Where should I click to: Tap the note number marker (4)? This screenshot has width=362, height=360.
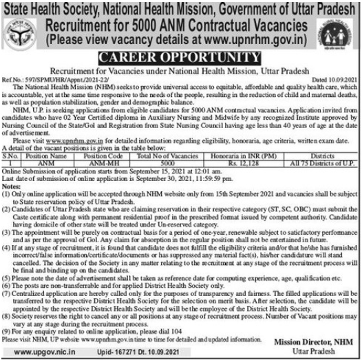click(x=8, y=249)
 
